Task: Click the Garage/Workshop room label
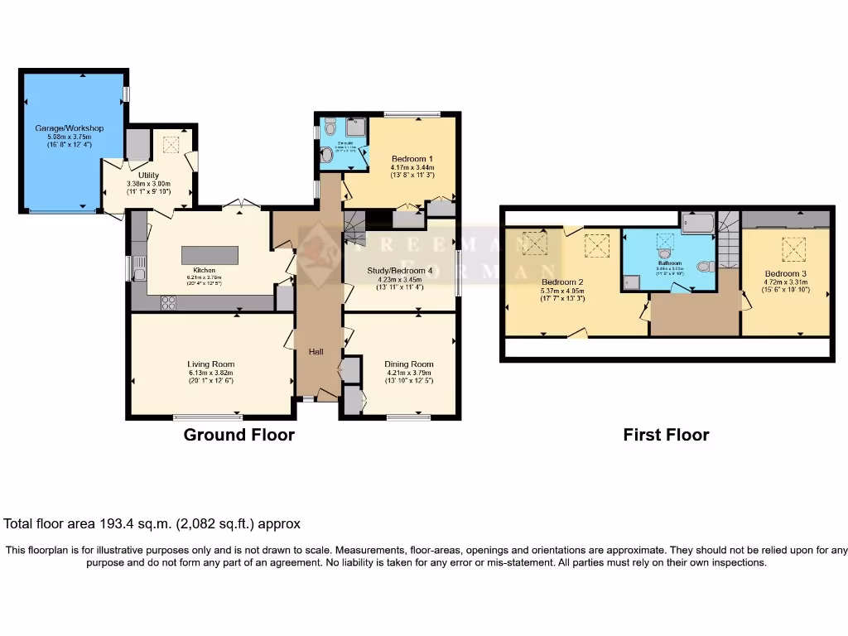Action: pos(69,128)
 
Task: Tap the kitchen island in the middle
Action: pos(210,254)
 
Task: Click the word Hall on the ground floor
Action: pos(316,352)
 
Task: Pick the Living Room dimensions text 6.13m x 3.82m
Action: pos(210,373)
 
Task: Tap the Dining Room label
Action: pos(409,364)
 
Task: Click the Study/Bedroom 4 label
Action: pos(400,271)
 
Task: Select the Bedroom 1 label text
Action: pos(412,158)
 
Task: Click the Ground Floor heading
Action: pos(238,435)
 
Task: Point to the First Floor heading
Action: pos(666,435)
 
